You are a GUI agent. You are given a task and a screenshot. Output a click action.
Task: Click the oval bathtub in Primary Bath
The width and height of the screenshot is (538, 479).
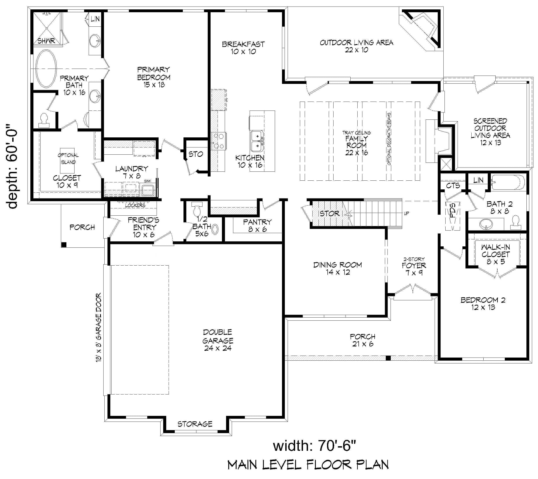pyautogui.click(x=46, y=68)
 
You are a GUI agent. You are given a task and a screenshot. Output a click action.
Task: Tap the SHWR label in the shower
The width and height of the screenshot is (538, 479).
pyautogui.click(x=46, y=41)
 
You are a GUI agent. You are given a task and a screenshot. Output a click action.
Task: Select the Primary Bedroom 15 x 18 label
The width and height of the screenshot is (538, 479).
pyautogui.click(x=154, y=77)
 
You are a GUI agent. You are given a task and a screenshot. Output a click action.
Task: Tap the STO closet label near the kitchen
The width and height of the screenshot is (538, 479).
pyautogui.click(x=195, y=154)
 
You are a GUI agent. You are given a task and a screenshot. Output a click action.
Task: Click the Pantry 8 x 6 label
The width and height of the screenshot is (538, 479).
pyautogui.click(x=257, y=226)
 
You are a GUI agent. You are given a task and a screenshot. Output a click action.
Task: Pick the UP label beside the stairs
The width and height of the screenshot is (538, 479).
pyautogui.click(x=407, y=213)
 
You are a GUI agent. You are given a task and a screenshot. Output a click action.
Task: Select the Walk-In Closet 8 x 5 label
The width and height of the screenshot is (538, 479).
pyautogui.click(x=495, y=254)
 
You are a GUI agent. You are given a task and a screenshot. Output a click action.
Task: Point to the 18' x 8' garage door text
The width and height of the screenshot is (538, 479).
pyautogui.click(x=99, y=328)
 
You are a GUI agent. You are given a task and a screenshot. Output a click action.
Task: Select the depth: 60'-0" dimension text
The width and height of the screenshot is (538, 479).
pyautogui.click(x=13, y=168)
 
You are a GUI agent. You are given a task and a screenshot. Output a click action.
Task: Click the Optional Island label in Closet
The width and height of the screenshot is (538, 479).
pyautogui.click(x=68, y=159)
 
